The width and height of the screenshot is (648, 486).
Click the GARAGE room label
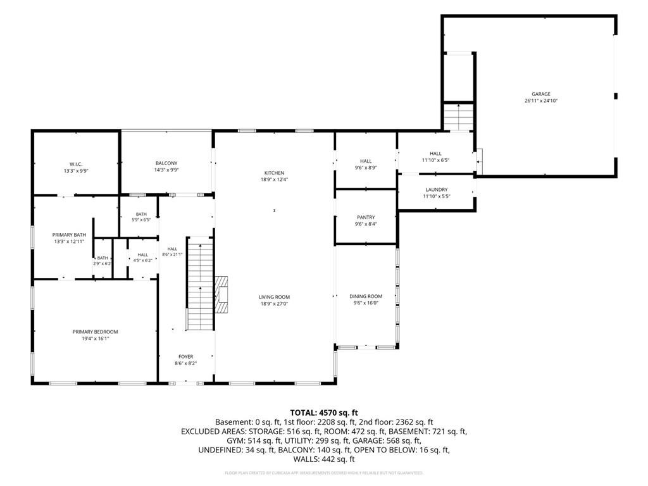[x=541, y=94]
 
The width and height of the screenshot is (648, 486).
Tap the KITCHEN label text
[x=275, y=173]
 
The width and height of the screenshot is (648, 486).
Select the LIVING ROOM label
[x=275, y=297]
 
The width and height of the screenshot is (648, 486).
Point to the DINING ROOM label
[x=366, y=296]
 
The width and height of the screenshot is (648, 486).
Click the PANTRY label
[x=366, y=217]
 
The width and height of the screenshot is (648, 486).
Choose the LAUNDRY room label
[x=437, y=189]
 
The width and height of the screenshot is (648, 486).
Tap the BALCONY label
[x=166, y=163]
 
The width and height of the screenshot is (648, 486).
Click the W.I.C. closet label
[x=76, y=164]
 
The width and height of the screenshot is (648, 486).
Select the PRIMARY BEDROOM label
[x=95, y=332]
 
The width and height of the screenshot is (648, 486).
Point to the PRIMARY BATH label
[x=69, y=235]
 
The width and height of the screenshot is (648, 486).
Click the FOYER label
[x=185, y=356]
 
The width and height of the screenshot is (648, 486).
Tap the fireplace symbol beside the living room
[x=221, y=295]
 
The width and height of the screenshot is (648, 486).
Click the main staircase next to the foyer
[x=200, y=283]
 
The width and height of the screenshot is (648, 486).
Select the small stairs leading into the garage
[x=458, y=117]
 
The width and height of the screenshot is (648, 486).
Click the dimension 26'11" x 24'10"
[x=541, y=101]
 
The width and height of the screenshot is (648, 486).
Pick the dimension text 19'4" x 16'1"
[x=95, y=338]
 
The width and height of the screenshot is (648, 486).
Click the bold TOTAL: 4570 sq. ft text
[x=324, y=413]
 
